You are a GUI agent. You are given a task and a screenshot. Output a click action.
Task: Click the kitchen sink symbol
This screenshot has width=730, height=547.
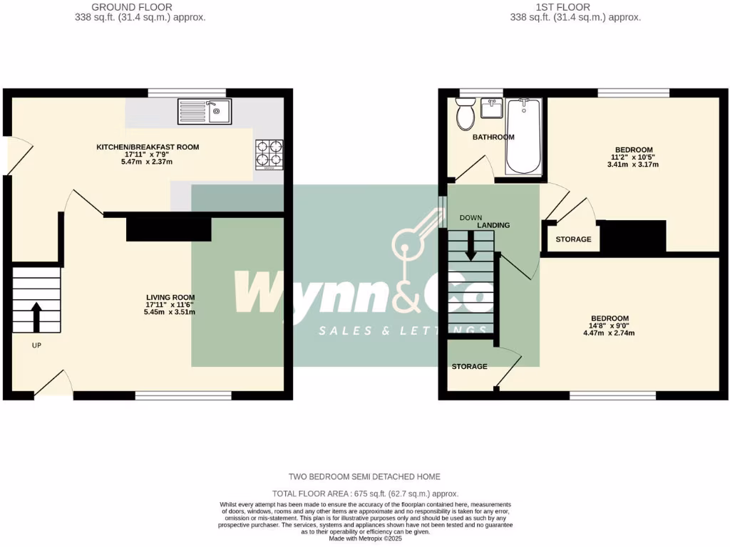(x=205, y=111)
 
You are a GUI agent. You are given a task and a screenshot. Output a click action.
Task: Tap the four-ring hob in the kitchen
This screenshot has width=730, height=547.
(x=269, y=154)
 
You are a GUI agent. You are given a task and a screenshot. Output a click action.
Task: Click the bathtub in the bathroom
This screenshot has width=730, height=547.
(x=524, y=136)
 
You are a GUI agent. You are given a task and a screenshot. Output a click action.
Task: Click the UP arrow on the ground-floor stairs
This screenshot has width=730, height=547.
(x=36, y=314)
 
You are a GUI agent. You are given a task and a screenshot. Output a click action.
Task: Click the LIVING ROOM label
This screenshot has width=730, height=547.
(x=170, y=298)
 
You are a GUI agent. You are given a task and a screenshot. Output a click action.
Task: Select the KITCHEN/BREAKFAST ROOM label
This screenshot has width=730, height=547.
(x=148, y=147)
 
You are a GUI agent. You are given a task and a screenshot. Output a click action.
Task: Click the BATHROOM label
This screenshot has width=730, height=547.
(x=493, y=137)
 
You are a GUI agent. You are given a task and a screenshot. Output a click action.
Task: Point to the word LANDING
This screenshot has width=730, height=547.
(x=493, y=225)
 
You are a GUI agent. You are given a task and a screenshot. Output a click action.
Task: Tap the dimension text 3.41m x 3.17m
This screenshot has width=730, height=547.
(x=632, y=165)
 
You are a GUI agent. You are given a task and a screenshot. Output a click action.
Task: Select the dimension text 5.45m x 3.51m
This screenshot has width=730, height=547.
(x=170, y=312)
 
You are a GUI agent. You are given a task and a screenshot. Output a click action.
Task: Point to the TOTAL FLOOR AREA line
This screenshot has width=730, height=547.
(x=365, y=494)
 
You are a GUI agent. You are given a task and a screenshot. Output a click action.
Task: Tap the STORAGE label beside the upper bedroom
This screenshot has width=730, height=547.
(x=573, y=239)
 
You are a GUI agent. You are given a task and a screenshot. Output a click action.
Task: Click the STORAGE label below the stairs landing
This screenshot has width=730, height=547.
(x=469, y=367)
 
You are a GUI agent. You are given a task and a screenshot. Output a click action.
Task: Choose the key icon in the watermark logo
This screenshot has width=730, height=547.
(x=416, y=236)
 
